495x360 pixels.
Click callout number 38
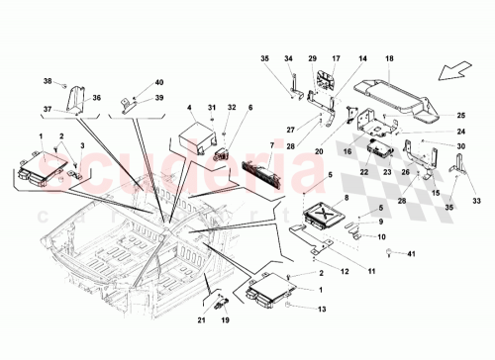(x=46, y=81)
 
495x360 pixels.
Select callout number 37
(x=46, y=109)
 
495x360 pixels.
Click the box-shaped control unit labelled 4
(x=199, y=135)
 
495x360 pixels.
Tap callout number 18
(x=388, y=60)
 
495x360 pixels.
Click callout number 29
(x=313, y=60)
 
